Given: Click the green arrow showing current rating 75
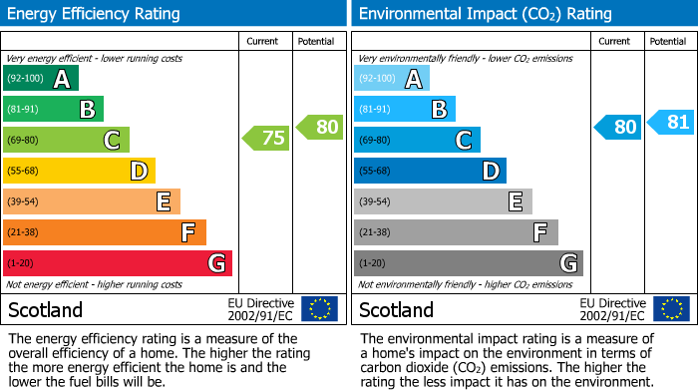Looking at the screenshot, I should pos(266,139).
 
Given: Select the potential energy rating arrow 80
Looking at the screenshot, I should pos(320,127).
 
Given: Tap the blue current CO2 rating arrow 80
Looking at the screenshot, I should pos(618,127).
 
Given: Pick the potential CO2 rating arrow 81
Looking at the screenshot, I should pos(671,123).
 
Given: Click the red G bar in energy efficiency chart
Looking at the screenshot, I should pos(118,263).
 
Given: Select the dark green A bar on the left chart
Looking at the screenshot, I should pos(41,78).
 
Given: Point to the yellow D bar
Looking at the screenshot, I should pos(80,171).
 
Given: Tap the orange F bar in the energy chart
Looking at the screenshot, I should pos(105,232).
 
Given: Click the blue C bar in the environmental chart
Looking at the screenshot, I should pos(417,140).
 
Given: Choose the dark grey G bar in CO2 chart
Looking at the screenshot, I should pos(468,263).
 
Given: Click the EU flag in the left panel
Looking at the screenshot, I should pos(319,308).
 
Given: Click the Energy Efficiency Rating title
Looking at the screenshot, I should pos(95,14).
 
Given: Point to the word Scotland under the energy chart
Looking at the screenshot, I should pos(46,309).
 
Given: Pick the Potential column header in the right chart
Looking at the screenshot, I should pos(668,41).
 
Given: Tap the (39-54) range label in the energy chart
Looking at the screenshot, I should pos(24,201).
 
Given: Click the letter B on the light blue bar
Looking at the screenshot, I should pos(439,109).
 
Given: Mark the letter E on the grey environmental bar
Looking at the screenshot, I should pos(516,201).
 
